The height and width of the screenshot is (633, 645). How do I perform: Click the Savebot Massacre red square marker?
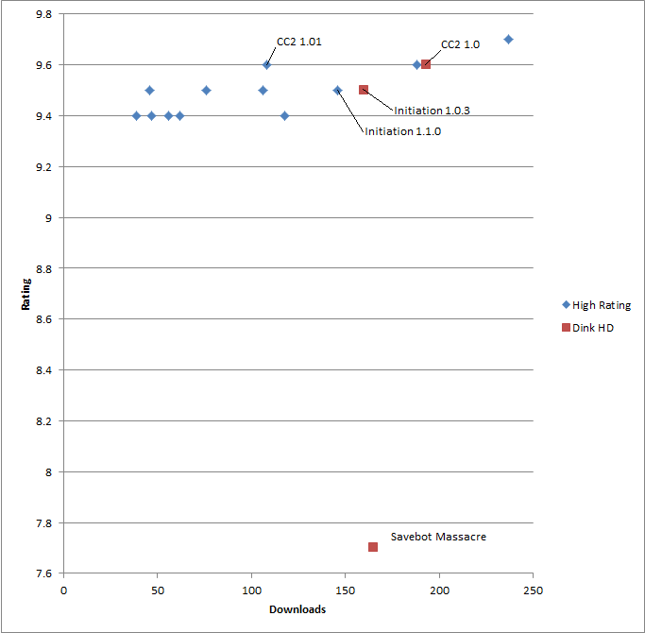[x=373, y=547]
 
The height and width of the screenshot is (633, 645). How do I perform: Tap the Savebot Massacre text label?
[x=438, y=537]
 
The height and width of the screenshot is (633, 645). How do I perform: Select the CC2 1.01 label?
[x=299, y=42]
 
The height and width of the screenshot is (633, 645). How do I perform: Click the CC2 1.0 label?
[x=460, y=44]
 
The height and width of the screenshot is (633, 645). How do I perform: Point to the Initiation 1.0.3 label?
[x=432, y=111]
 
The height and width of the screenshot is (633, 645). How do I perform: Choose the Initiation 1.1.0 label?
[x=402, y=132]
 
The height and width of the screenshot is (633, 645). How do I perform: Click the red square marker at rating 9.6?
[x=426, y=64]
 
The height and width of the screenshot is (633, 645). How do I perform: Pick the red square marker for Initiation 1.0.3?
[x=364, y=90]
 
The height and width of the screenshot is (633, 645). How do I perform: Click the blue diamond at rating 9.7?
[x=508, y=40]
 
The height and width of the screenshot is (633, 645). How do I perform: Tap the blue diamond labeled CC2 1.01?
[x=267, y=64]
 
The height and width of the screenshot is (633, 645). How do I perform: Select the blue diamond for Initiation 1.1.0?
[x=337, y=90]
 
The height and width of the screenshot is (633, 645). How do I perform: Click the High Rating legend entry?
[x=595, y=305]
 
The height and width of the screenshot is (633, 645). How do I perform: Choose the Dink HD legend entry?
[x=587, y=328]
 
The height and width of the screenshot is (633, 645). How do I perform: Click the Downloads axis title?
[x=297, y=609]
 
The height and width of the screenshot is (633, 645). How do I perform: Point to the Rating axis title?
[x=25, y=294]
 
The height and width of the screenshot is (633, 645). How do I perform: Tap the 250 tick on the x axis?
[x=534, y=591]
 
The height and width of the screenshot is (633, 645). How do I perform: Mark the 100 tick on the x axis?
[x=251, y=591]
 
